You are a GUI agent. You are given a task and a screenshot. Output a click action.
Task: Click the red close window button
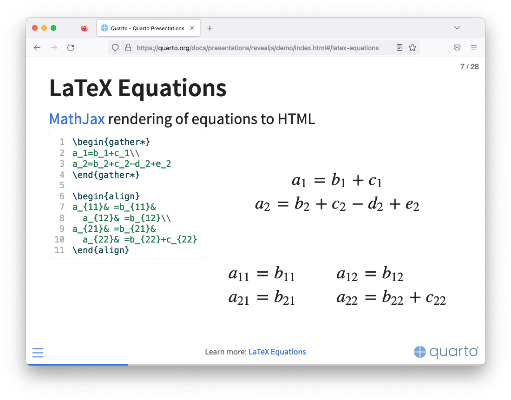35,28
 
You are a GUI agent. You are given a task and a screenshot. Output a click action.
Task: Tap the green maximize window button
53,28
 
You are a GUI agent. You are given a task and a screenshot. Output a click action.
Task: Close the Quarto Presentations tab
192,28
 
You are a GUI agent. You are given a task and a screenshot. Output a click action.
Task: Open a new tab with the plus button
210,28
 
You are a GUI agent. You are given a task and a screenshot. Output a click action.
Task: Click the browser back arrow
37,47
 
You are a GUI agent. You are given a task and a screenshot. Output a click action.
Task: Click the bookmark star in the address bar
413,47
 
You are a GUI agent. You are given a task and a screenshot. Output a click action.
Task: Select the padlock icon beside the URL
128,47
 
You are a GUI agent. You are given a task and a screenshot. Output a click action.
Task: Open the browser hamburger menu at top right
474,47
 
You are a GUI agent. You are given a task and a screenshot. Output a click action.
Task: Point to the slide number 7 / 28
469,66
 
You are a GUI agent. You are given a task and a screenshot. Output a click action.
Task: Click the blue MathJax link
77,119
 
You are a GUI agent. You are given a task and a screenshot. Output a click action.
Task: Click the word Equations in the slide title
172,88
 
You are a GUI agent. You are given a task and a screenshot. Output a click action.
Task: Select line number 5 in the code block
62,185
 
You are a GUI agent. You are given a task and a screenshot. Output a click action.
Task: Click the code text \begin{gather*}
111,142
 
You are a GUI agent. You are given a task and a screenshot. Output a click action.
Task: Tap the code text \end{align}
101,250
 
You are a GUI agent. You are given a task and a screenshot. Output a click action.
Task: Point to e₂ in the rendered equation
412,205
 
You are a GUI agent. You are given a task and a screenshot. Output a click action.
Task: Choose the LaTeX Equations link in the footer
277,352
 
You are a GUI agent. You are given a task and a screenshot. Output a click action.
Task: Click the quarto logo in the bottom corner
446,352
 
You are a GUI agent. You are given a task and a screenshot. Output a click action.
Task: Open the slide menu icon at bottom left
38,353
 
